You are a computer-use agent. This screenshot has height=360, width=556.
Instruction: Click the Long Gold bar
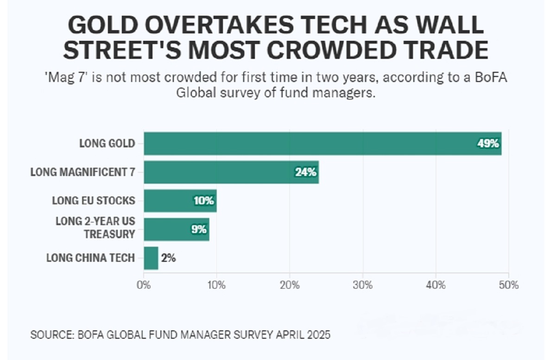coord(322,144)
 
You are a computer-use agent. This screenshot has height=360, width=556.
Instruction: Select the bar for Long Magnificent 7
coord(231,172)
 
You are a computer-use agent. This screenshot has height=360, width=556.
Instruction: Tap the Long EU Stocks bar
coord(180,201)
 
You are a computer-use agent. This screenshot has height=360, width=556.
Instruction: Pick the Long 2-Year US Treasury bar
coord(177,229)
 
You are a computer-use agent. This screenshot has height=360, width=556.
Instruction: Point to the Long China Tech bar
coord(151,258)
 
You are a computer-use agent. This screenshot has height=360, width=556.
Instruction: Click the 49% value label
coord(488,144)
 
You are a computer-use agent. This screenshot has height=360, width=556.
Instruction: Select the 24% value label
coord(306,172)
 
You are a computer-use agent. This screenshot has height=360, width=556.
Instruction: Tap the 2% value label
coord(169,258)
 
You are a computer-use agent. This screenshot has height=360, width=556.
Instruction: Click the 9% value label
coord(199,229)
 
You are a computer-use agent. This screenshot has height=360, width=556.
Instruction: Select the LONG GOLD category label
coord(107,144)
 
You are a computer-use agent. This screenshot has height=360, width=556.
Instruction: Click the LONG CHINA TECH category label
coord(90,258)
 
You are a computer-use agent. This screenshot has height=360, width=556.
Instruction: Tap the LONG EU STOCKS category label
coord(94,201)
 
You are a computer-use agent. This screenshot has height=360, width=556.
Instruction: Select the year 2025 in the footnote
coord(318,335)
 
